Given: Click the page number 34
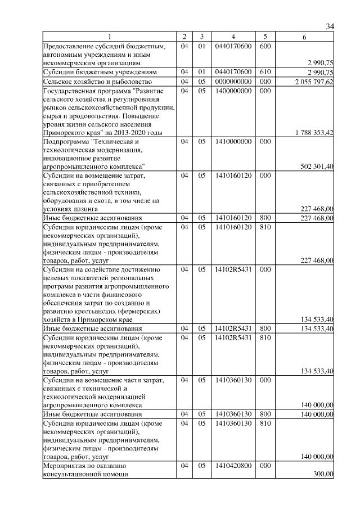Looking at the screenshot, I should (x=330, y=26).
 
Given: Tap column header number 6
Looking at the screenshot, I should (x=304, y=37).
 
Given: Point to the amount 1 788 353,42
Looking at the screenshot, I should (x=314, y=133).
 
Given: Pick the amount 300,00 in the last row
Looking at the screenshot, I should (x=324, y=474).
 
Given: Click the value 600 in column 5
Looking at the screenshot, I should (x=266, y=46).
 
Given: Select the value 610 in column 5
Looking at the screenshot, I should (x=266, y=73).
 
